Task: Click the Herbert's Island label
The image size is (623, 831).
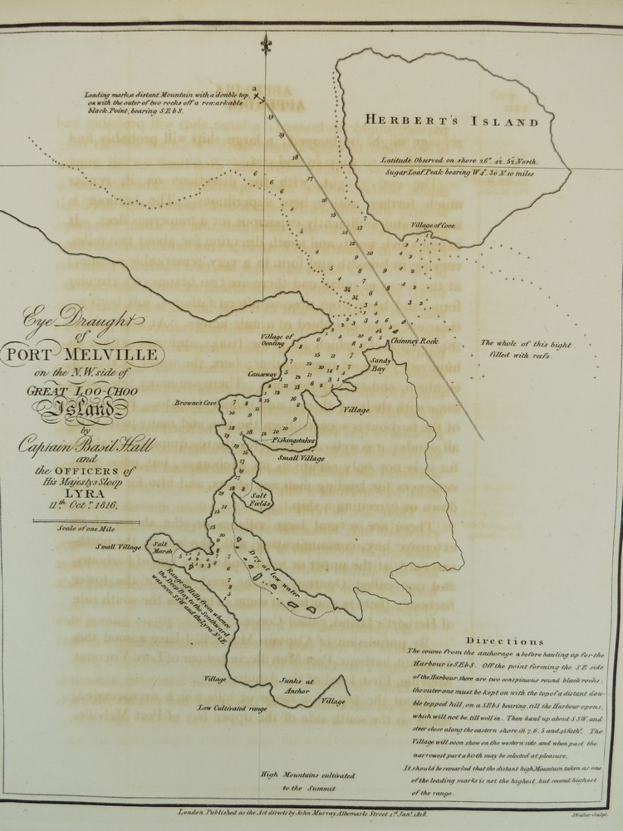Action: click(x=453, y=121)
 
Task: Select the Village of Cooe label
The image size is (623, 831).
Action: click(x=432, y=225)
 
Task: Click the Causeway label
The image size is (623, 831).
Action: click(x=261, y=375)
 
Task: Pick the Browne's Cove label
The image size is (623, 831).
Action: click(x=196, y=403)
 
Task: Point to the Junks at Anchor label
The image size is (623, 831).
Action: click(x=297, y=687)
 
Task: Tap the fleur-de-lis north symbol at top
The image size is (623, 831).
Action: click(x=266, y=43)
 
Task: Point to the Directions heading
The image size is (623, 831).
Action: click(x=505, y=642)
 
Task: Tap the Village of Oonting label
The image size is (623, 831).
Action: click(x=277, y=340)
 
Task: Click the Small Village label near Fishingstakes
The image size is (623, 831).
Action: click(x=301, y=458)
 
